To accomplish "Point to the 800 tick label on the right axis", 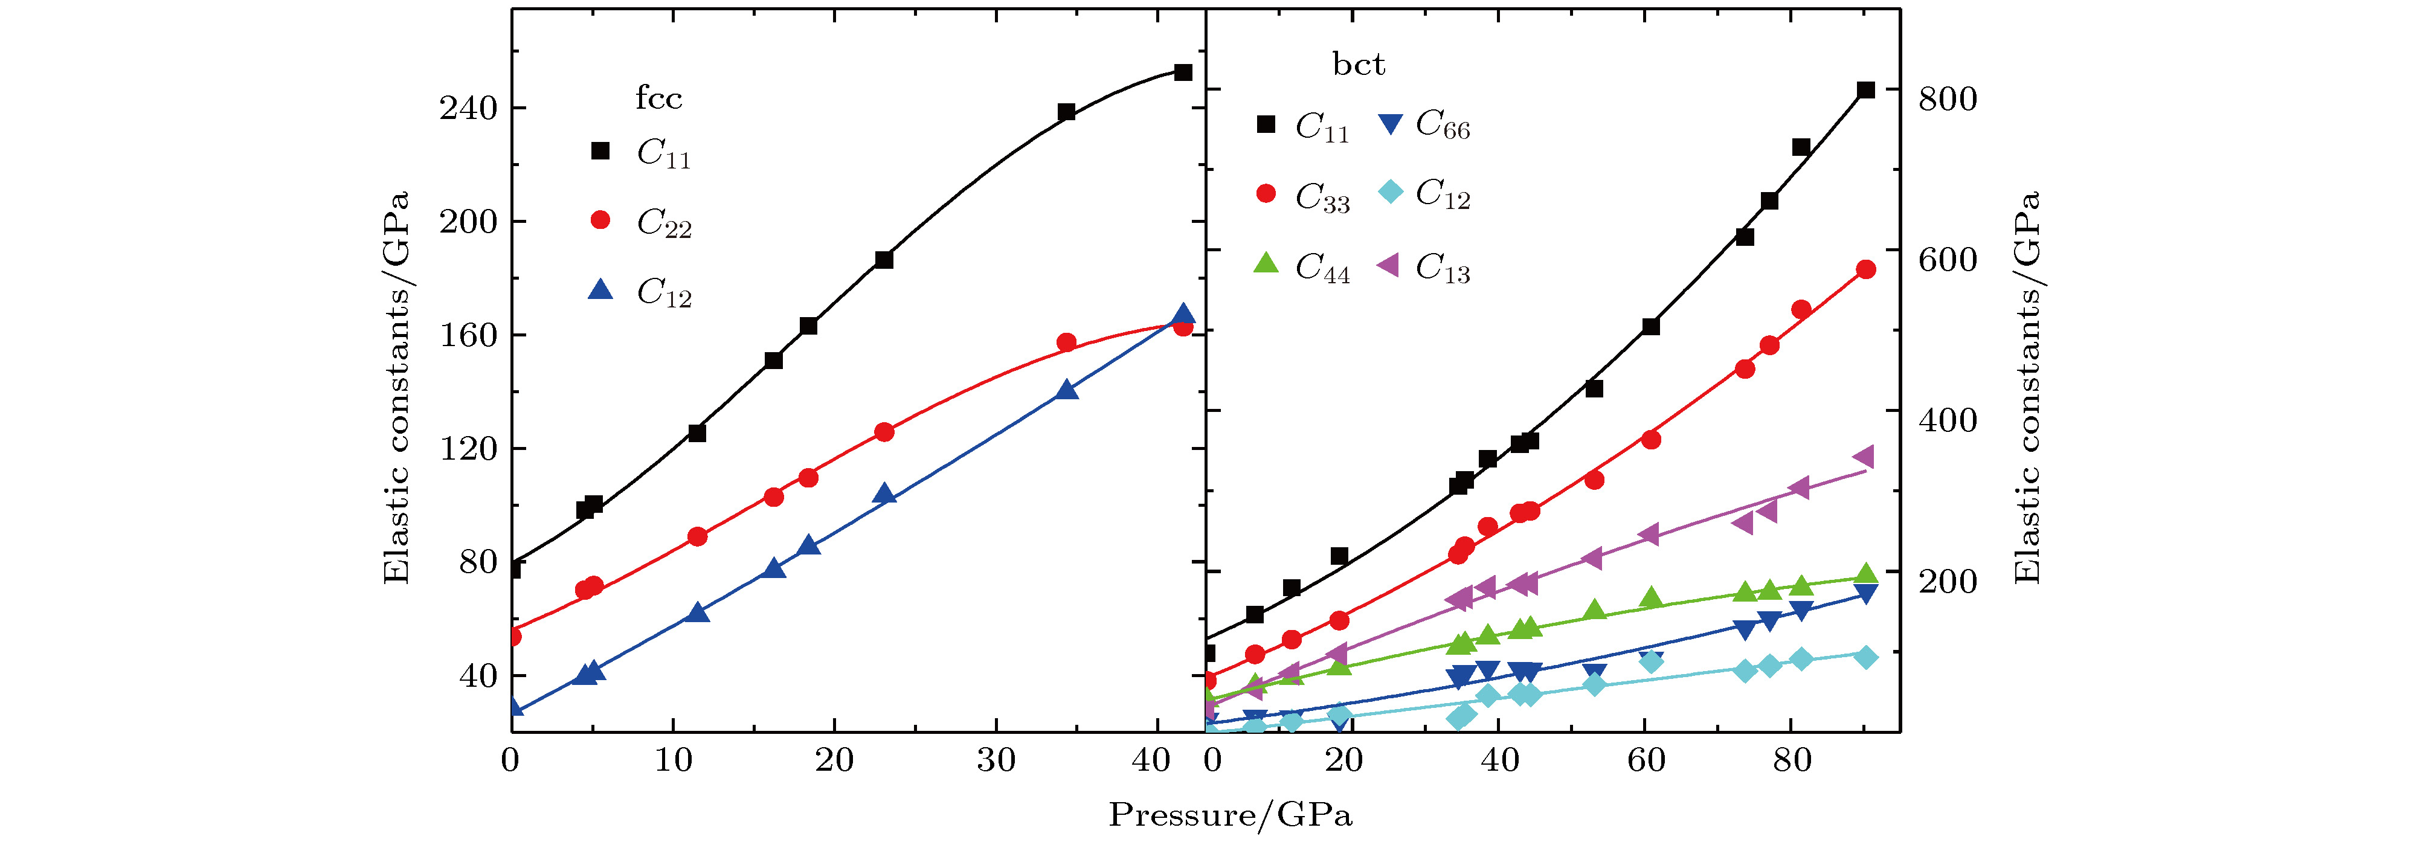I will pyautogui.click(x=1948, y=99).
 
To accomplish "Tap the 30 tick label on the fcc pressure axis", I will pyautogui.click(x=996, y=760).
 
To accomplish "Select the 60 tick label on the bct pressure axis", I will pyautogui.click(x=1646, y=760).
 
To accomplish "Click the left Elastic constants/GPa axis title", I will pyautogui.click(x=396, y=387).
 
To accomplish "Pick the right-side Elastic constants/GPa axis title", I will pyautogui.click(x=2027, y=387).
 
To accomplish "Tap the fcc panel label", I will pyautogui.click(x=658, y=98).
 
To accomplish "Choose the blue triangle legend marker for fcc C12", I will pyautogui.click(x=600, y=290).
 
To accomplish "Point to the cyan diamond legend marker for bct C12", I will pyautogui.click(x=1390, y=192).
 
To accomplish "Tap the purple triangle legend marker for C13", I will pyautogui.click(x=1388, y=266).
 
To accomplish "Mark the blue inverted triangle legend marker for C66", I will pyautogui.click(x=1390, y=123).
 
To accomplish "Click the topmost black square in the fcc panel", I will pyautogui.click(x=1183, y=72).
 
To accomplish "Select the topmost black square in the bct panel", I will pyautogui.click(x=1865, y=91).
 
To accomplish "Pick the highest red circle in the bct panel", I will pyautogui.click(x=1865, y=269).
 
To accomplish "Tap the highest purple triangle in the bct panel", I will pyautogui.click(x=1864, y=458).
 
